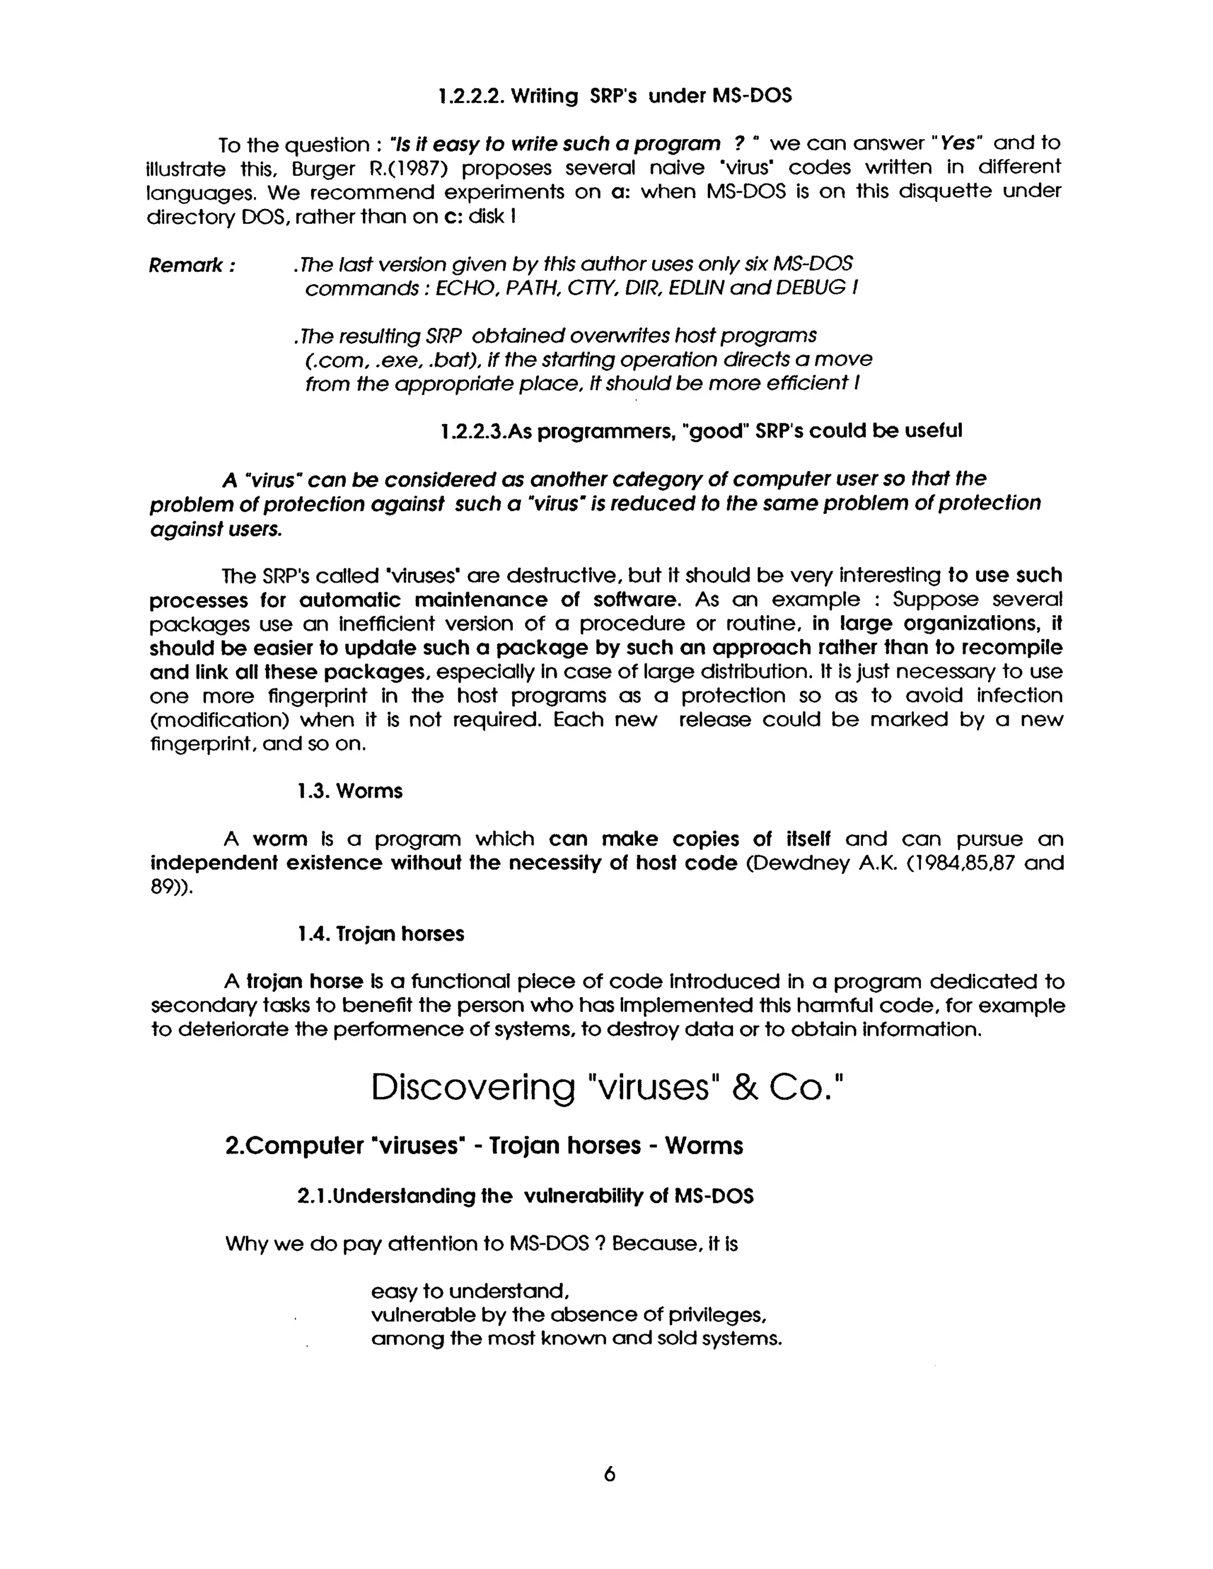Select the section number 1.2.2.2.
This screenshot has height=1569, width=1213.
point(470,97)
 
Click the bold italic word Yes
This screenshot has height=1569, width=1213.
point(957,144)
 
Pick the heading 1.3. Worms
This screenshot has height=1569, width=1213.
point(350,791)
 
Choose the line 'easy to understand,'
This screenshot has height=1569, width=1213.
point(470,1291)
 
